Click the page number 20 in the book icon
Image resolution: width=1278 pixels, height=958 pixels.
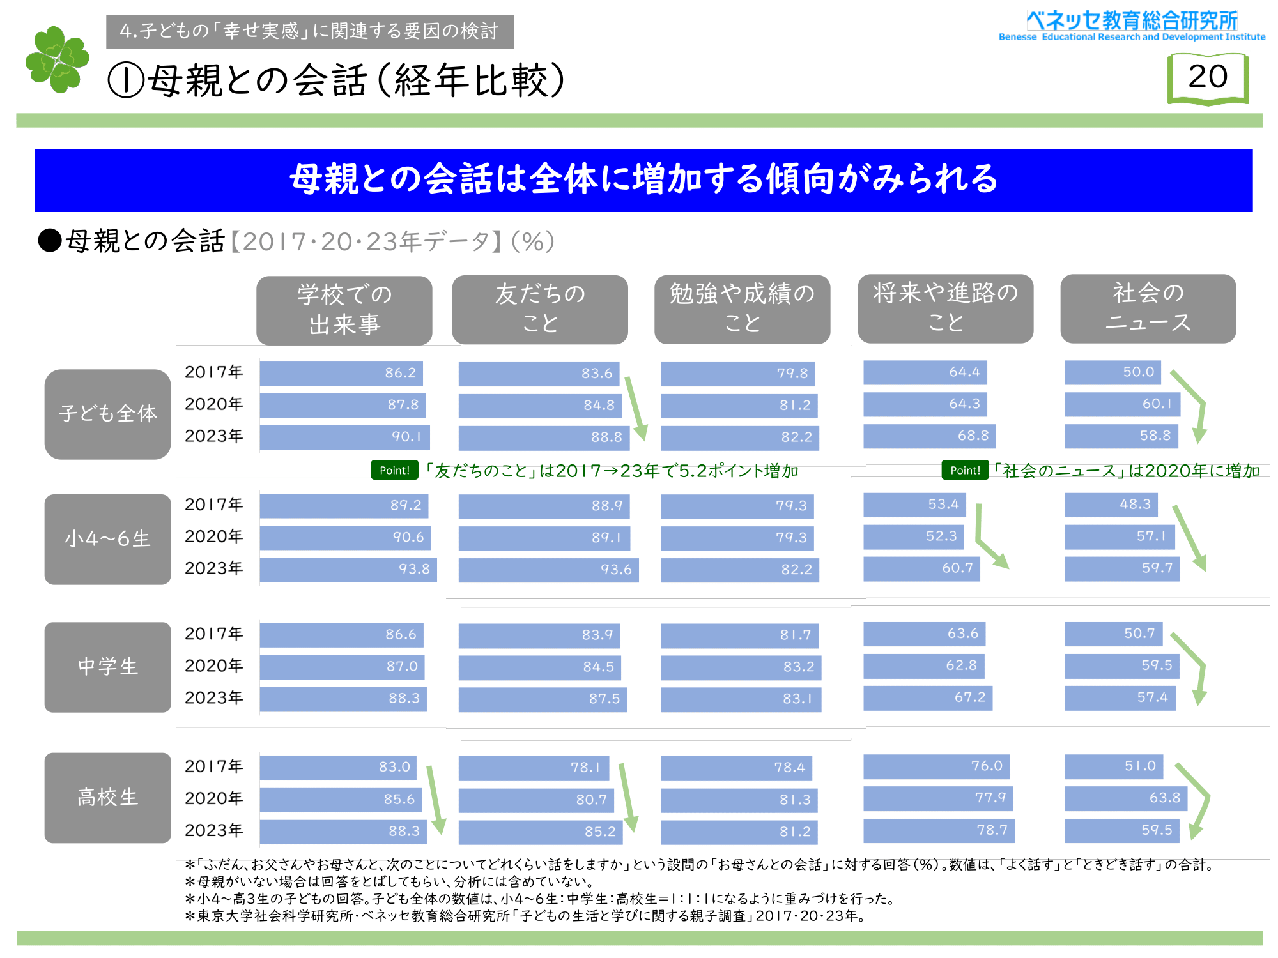1208,77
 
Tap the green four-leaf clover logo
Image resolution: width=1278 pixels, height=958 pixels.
57,59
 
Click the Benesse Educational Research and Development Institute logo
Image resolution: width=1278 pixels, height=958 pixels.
1132,26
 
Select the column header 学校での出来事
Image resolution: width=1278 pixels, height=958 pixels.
344,310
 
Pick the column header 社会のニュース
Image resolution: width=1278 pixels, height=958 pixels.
1148,308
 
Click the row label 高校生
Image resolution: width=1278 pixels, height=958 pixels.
107,798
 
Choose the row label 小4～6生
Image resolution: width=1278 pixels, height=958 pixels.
107,539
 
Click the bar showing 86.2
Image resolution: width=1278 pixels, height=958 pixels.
341,373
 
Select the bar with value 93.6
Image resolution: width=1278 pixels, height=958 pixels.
548,570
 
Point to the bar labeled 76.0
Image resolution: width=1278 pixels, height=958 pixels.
936,766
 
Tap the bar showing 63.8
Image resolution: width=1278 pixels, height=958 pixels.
1125,798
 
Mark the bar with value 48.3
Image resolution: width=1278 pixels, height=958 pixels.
1111,505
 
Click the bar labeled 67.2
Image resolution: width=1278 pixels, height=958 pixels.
927,697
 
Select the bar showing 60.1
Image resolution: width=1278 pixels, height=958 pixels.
1122,404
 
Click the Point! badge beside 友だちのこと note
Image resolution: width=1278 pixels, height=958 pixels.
394,471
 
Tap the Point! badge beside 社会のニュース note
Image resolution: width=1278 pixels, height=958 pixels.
965,471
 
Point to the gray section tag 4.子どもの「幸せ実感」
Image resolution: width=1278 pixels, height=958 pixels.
309,31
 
